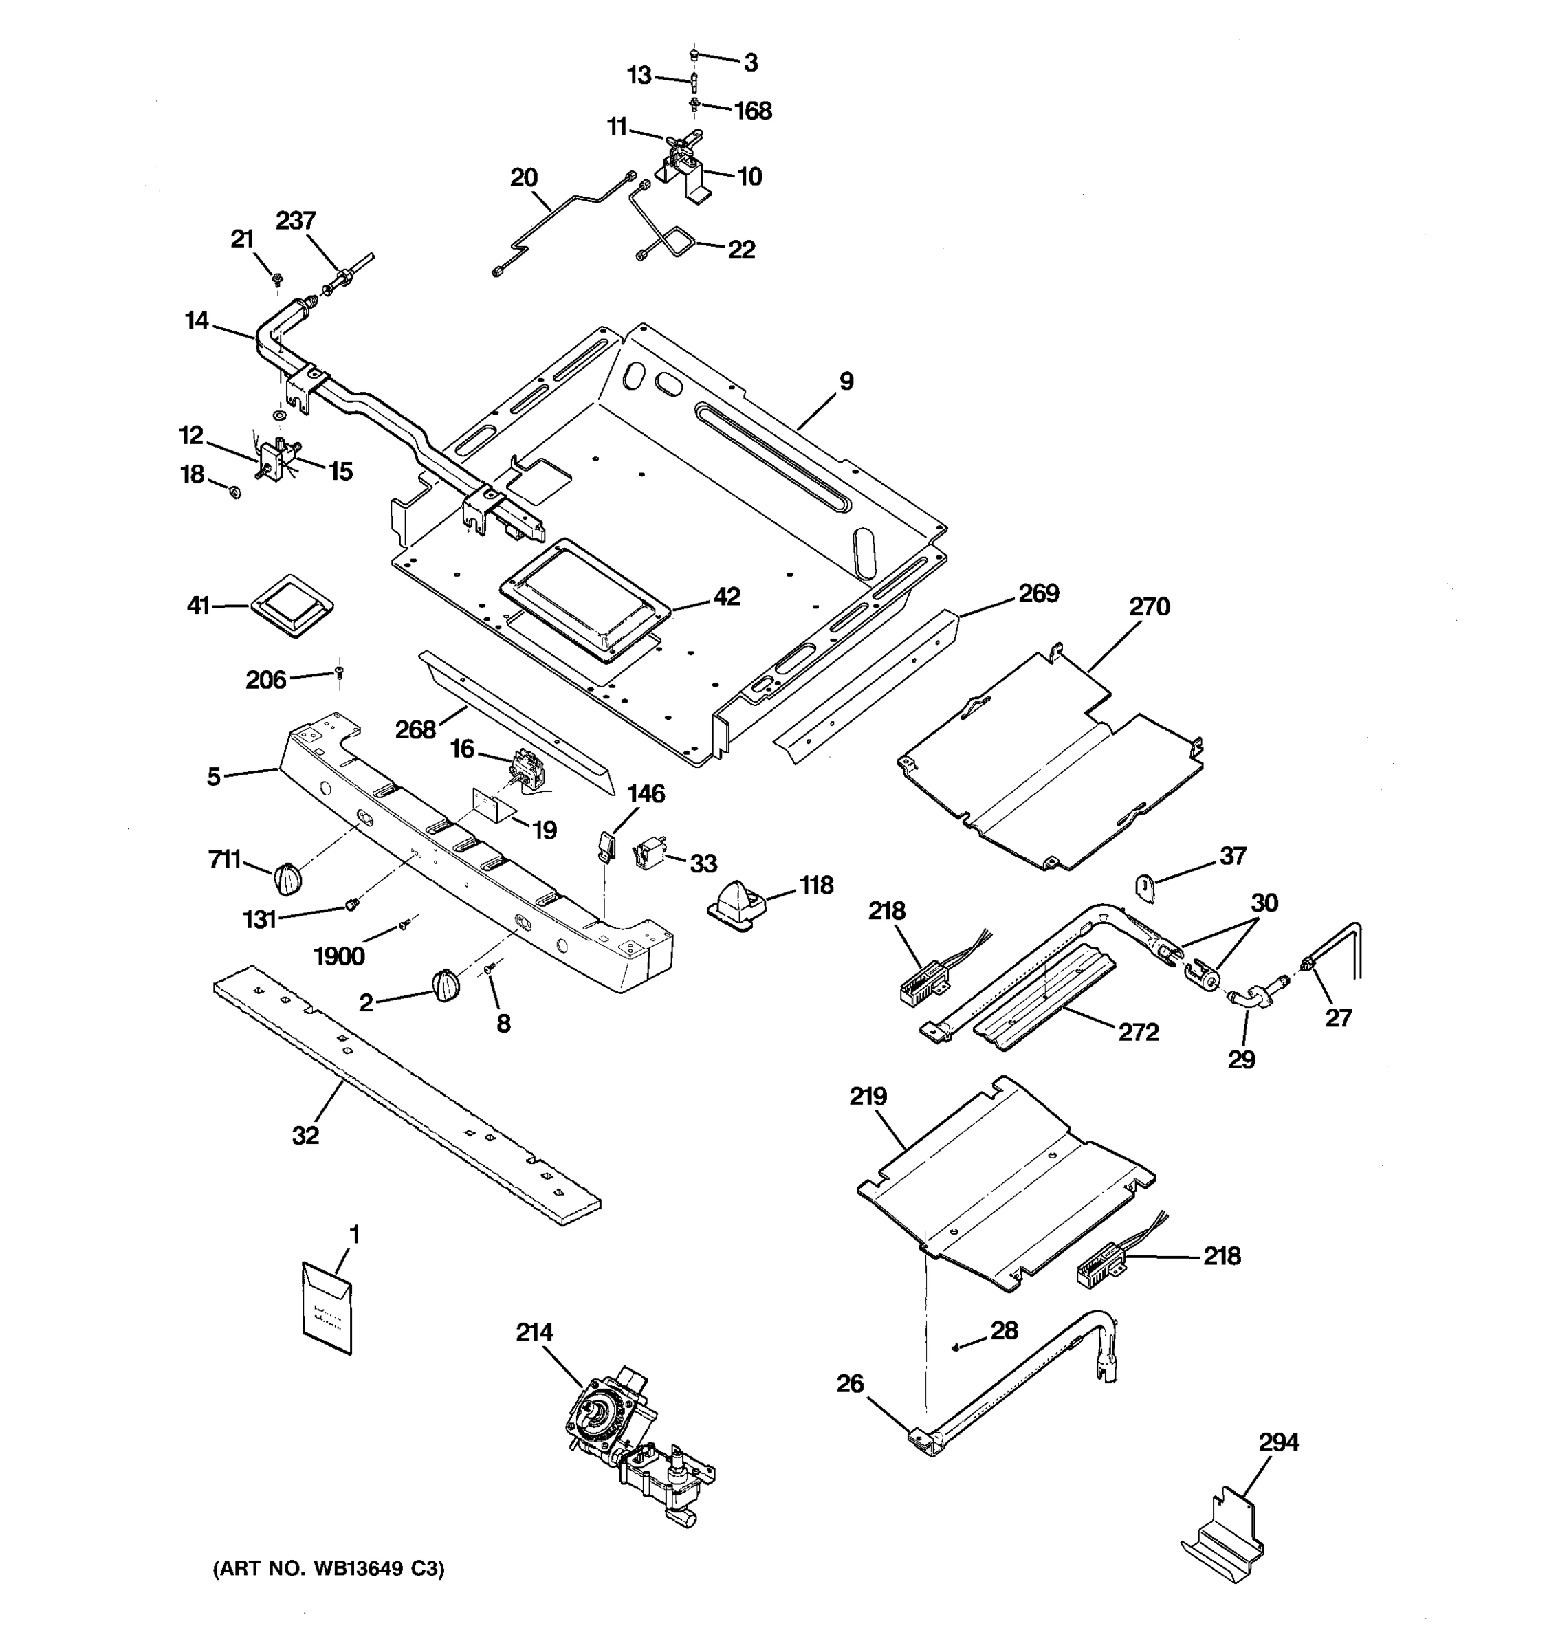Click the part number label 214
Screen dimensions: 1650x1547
click(x=534, y=1333)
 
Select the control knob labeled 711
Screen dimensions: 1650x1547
click(x=287, y=878)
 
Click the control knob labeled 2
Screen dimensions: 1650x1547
click(x=444, y=986)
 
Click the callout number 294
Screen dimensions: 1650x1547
click(x=1278, y=1443)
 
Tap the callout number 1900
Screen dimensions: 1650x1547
click(x=338, y=957)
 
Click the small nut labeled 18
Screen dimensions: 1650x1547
click(x=234, y=492)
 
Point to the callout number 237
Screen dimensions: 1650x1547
click(x=296, y=221)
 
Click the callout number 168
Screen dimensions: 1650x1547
click(x=753, y=111)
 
